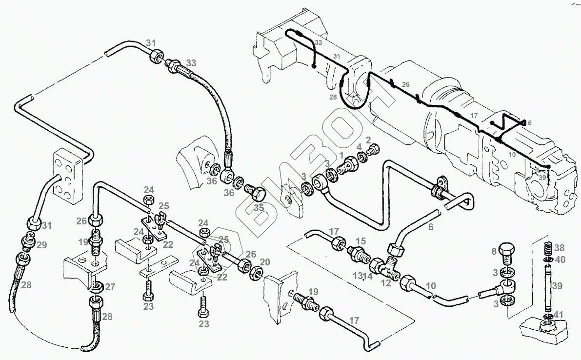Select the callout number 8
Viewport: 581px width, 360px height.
[x=494, y=252]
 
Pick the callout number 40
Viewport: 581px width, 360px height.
[x=561, y=260]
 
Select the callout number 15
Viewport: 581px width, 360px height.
[x=360, y=241]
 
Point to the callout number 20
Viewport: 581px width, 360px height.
[x=265, y=262]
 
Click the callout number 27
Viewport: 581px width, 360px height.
[x=110, y=286]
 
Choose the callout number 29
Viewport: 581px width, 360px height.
[x=41, y=245]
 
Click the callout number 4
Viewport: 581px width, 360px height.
[x=359, y=147]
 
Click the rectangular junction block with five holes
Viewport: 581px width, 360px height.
[x=67, y=177]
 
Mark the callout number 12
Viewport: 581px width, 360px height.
[x=385, y=283]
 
